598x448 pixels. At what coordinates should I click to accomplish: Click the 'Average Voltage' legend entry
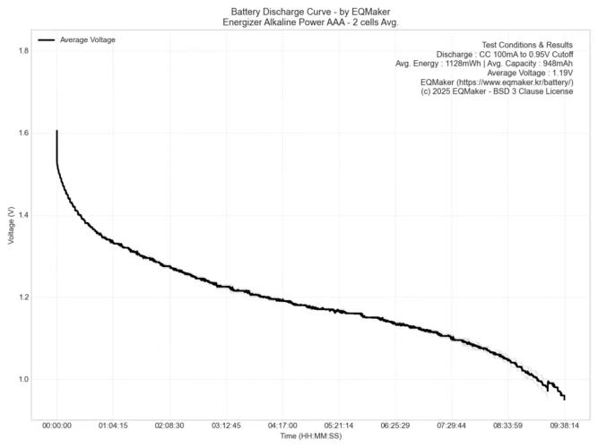point(87,40)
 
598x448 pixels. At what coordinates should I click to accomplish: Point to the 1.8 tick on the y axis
point(22,51)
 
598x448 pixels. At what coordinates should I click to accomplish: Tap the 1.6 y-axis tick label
point(22,134)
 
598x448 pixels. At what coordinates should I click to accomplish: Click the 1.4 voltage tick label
point(22,215)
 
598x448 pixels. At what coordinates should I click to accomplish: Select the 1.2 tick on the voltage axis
point(22,297)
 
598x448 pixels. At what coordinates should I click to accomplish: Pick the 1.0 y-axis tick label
point(22,379)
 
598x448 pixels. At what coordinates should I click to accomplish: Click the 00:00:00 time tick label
point(56,426)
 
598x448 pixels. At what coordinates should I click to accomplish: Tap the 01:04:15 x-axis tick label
point(113,426)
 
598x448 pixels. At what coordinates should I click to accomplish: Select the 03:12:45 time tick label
point(226,426)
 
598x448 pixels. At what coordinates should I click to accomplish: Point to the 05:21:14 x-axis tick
point(339,426)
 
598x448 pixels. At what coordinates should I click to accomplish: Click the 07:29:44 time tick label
point(452,426)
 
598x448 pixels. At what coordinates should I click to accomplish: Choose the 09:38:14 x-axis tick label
point(565,426)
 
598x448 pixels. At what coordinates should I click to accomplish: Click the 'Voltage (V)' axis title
point(10,226)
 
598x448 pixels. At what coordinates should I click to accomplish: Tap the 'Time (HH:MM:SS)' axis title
point(309,436)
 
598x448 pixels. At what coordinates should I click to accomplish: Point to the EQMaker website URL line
point(509,82)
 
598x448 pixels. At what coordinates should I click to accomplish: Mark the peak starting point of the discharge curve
point(56,132)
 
